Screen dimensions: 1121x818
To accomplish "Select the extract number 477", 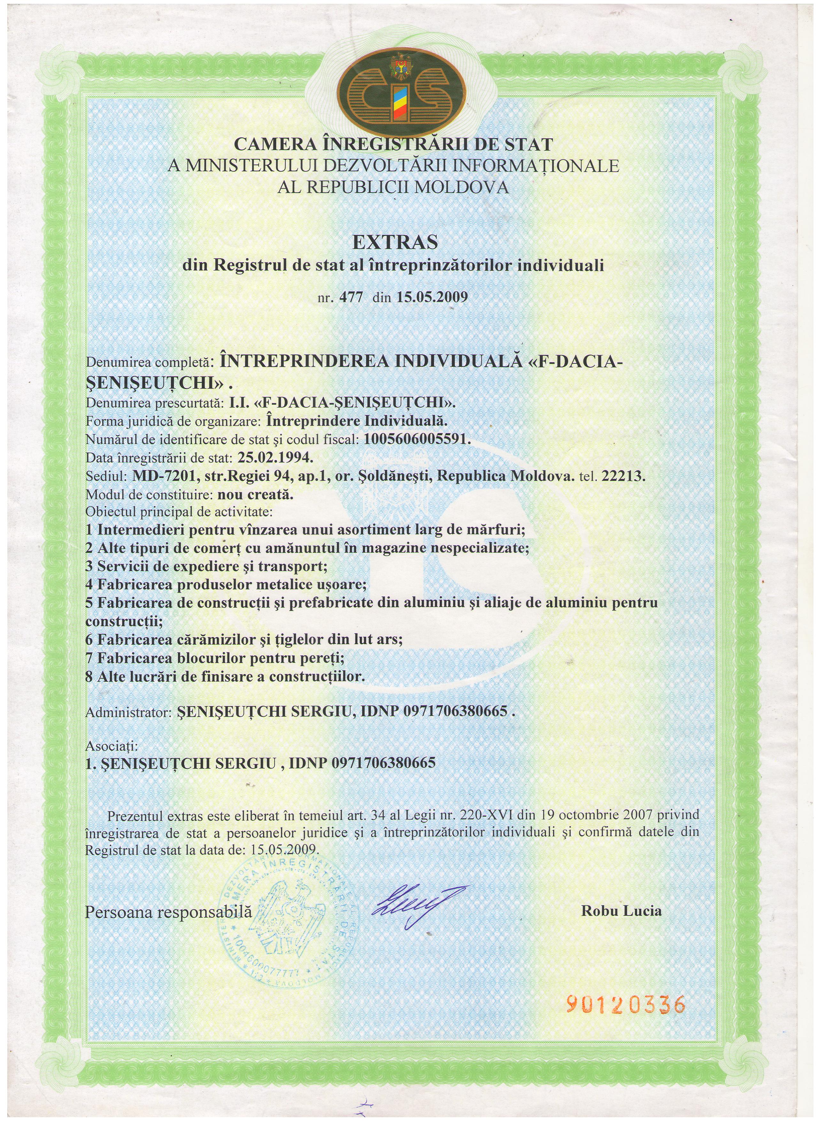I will coord(351,298).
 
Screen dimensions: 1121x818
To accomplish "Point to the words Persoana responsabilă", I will coord(168,912).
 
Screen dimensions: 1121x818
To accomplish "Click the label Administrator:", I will coord(128,712).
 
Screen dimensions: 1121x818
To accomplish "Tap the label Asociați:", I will coord(112,745).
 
